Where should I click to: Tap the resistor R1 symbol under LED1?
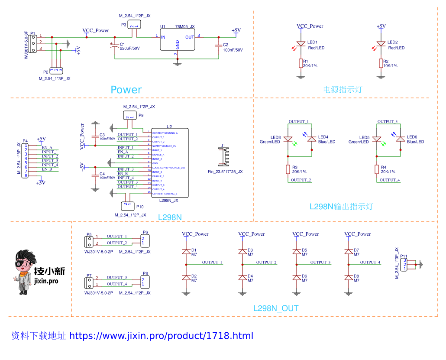pos(301,64)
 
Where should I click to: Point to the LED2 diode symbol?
pos(381,44)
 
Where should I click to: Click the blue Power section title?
pos(126,90)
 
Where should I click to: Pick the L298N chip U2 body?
pos(169,162)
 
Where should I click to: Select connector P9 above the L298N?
pos(129,115)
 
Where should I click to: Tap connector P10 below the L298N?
pos(126,205)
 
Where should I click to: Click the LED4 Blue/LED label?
pos(326,142)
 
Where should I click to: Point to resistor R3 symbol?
pos(288,169)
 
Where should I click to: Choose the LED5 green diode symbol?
pos(377,139)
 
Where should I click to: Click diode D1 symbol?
pos(186,251)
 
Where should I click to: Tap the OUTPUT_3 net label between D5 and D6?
pos(320,262)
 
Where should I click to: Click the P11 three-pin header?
pos(405,264)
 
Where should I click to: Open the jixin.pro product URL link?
pos(161,336)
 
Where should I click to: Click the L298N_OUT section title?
pos(276,308)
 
